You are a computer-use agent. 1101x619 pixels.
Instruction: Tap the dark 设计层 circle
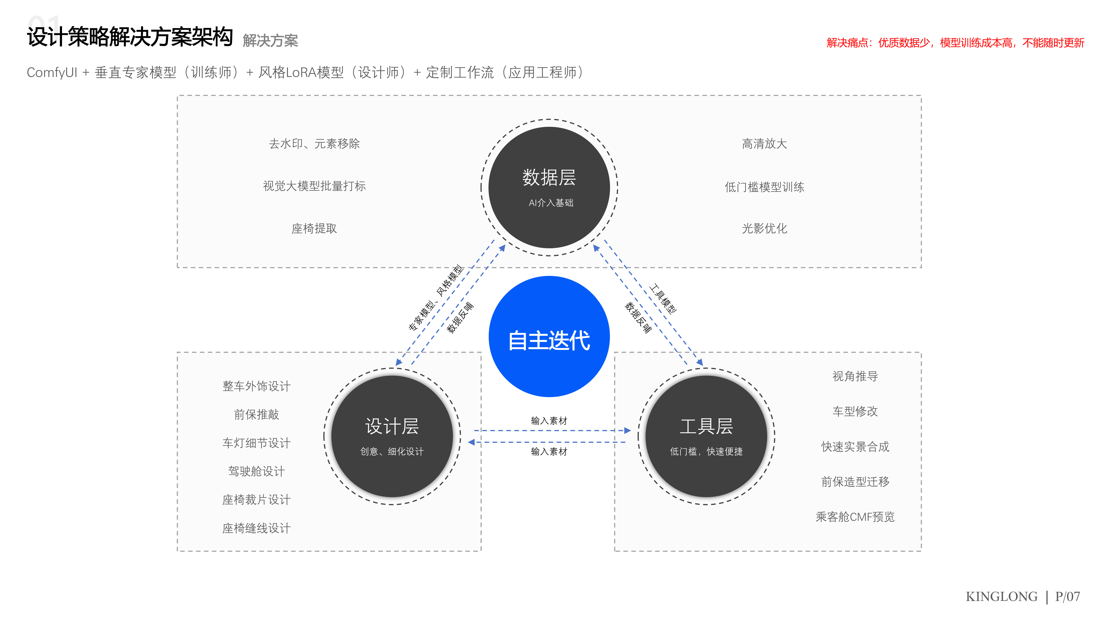coord(392,436)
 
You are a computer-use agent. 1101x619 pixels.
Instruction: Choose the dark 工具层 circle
coord(706,436)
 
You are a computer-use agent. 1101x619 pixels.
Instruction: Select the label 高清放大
coord(764,144)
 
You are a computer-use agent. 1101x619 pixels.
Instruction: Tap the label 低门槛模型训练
coord(764,187)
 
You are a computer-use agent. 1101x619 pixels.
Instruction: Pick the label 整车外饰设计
coord(256,386)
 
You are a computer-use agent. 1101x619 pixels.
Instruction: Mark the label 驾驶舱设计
coord(256,471)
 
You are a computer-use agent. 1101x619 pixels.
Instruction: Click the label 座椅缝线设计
coord(256,528)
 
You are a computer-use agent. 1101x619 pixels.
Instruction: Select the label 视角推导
coord(855,376)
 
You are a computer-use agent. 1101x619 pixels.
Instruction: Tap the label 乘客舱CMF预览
coord(855,517)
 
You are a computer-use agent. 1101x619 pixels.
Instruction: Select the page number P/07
coord(1067,596)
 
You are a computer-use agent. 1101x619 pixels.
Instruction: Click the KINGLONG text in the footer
coord(1001,596)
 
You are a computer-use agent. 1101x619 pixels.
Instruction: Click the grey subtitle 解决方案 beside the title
coord(270,41)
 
